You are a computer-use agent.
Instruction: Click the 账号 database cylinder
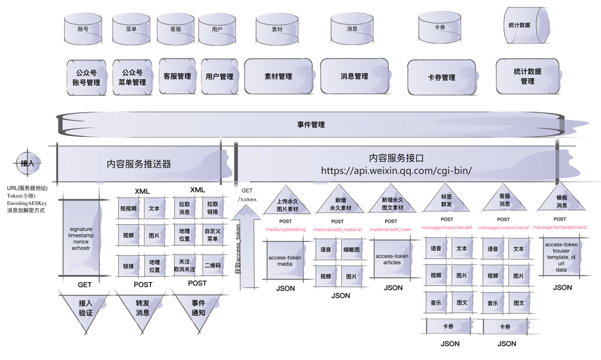point(83,29)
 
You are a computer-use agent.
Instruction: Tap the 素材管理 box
point(278,77)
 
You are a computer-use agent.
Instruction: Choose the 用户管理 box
point(219,77)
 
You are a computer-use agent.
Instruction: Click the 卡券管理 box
point(442,77)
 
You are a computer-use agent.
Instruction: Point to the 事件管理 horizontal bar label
point(311,124)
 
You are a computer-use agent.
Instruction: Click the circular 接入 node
point(27,163)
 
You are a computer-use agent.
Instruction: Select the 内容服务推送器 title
point(139,164)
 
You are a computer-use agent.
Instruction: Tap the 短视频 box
point(128,209)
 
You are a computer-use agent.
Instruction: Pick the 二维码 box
point(213,266)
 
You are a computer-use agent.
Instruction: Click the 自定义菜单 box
point(212,236)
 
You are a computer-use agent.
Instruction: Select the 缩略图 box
point(351,250)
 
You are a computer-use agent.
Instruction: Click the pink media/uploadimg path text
point(285,229)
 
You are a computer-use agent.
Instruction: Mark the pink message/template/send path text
point(560,227)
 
